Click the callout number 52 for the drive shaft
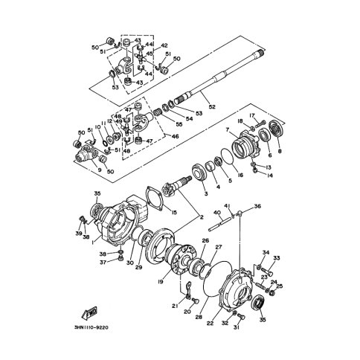click(212, 107)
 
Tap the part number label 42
click(164, 45)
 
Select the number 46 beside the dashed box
click(176, 137)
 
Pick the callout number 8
click(280, 151)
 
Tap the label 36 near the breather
click(257, 206)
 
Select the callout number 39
click(79, 233)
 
